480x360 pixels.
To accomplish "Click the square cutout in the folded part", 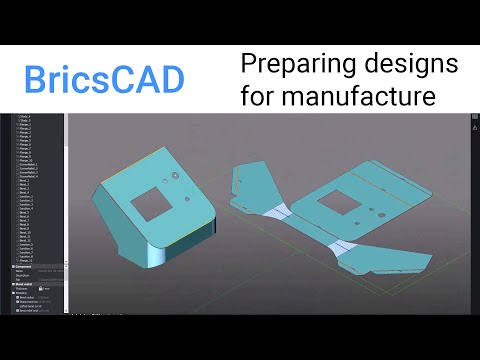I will pos(149,203).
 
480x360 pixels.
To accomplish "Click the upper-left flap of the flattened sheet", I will pos(249,182).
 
